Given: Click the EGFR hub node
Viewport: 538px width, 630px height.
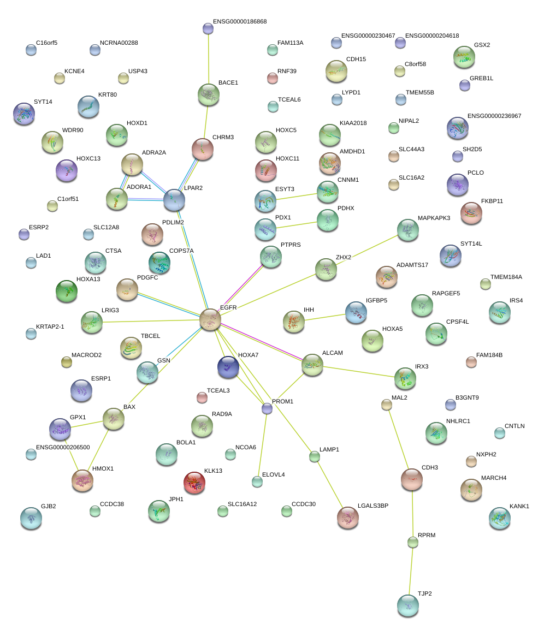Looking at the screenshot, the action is tap(210, 319).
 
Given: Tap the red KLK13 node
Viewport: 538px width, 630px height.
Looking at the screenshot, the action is tap(194, 482).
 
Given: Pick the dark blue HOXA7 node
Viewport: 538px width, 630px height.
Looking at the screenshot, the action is tap(228, 366).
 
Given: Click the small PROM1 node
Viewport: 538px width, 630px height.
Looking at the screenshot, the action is tap(267, 408).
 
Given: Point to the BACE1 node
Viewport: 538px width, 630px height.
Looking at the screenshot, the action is tap(208, 94).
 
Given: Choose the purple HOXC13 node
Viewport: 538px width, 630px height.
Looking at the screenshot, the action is tap(67, 170).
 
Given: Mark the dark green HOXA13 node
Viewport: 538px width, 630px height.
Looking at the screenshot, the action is tap(67, 290).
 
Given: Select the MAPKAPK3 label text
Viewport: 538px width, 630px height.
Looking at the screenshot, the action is tap(434, 218).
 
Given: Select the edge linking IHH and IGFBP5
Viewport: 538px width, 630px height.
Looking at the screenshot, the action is tap(325, 316).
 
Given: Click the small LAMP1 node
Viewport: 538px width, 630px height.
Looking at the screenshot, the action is tap(314, 457).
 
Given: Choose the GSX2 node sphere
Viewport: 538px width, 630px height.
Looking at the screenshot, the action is tap(464, 57).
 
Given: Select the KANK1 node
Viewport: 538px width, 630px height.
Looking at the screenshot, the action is tap(500, 518).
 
